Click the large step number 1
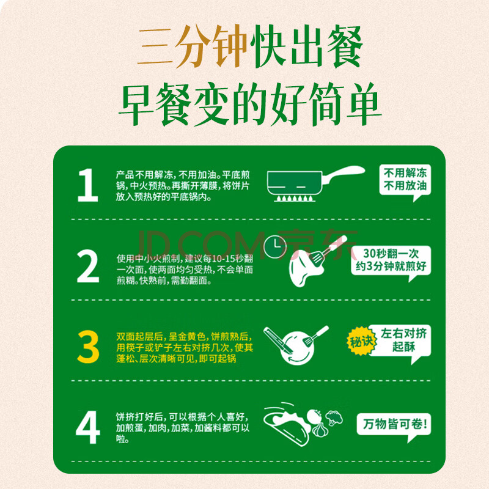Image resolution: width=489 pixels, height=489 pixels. (87, 185)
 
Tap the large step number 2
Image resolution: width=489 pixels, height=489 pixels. (88, 267)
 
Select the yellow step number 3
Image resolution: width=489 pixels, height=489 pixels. (88, 347)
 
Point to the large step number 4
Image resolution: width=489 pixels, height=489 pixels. (88, 427)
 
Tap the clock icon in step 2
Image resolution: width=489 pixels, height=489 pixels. (274, 247)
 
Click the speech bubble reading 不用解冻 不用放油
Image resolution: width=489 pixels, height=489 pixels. (405, 182)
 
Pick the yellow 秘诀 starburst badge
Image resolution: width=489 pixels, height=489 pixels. (361, 341)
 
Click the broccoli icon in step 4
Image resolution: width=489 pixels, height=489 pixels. (334, 418)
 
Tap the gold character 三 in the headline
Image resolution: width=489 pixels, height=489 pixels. (155, 47)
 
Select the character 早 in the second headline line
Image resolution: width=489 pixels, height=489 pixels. (136, 105)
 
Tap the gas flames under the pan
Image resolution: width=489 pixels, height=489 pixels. (295, 198)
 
